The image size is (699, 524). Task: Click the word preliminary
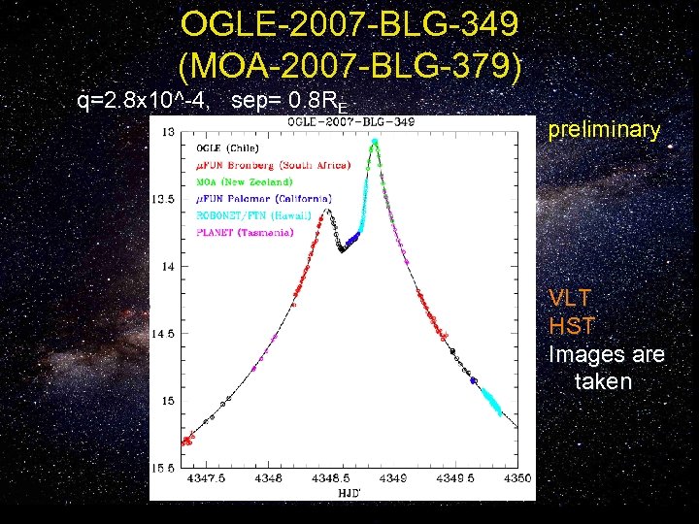point(604,130)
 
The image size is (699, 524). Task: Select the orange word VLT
point(569,298)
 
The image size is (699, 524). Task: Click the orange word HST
point(571,326)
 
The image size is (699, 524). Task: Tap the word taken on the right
point(603,382)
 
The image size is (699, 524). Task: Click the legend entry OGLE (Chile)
point(235,148)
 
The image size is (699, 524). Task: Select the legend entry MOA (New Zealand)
point(244,182)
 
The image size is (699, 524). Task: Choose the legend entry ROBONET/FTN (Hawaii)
point(257,216)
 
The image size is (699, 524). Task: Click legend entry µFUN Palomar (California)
point(264,199)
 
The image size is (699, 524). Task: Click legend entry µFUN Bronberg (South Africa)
point(273,166)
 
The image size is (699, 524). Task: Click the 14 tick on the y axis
point(169,266)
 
